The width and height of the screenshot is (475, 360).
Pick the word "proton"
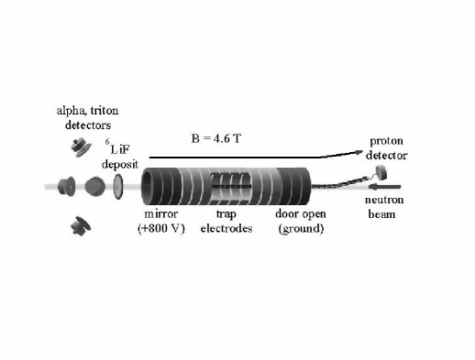click(x=385, y=142)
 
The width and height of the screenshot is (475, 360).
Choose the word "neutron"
click(x=386, y=200)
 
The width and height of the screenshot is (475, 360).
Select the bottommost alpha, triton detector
click(x=76, y=221)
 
